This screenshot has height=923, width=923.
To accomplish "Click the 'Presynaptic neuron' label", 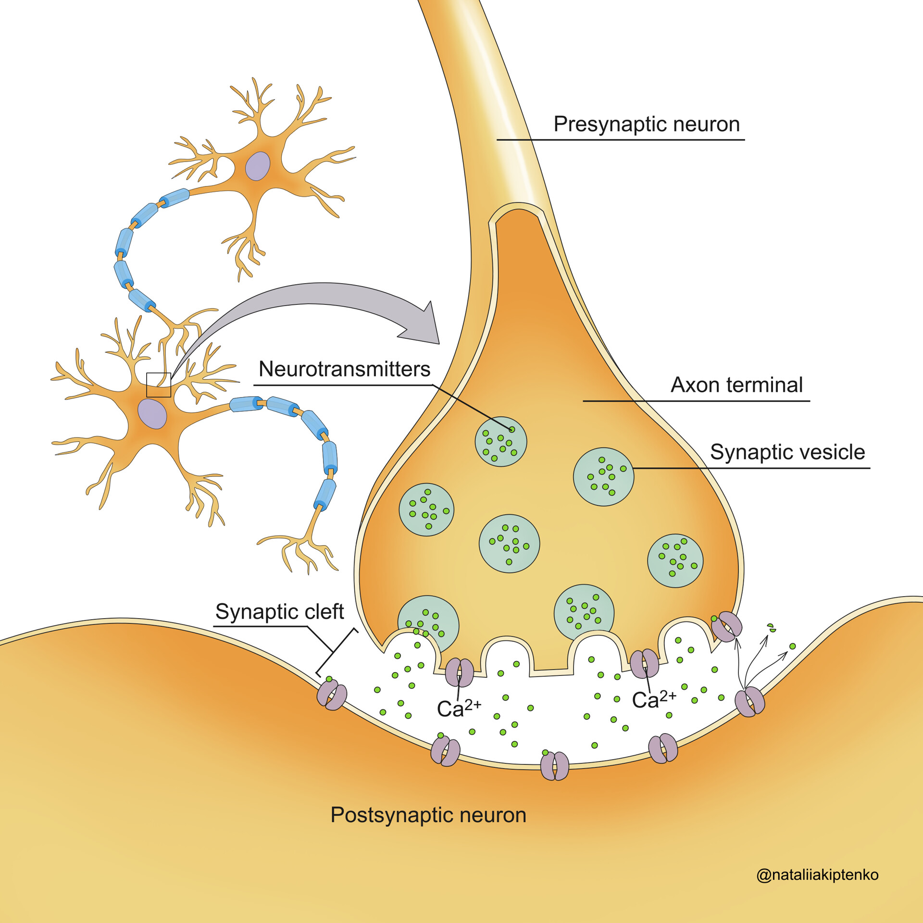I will pyautogui.click(x=646, y=124).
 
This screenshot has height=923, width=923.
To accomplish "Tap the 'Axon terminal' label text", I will pyautogui.click(x=736, y=385).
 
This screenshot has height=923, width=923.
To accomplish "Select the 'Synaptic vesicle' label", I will pyautogui.click(x=787, y=452).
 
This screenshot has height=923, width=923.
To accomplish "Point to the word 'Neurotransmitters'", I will pyautogui.click(x=344, y=369).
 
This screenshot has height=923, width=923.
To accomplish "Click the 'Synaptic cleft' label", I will pyautogui.click(x=279, y=611).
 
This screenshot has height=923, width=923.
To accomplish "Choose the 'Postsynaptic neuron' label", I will pyautogui.click(x=428, y=815).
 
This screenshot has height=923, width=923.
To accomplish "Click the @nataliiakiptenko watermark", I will pyautogui.click(x=817, y=874).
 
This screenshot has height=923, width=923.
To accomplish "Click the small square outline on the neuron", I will pyautogui.click(x=159, y=385).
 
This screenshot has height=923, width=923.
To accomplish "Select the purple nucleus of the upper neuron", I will pyautogui.click(x=258, y=166).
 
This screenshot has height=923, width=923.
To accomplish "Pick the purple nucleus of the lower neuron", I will pyautogui.click(x=152, y=413).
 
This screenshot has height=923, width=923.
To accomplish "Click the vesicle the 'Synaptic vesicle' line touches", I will pyautogui.click(x=603, y=476).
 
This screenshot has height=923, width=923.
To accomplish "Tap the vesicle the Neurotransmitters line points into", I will pyautogui.click(x=501, y=441).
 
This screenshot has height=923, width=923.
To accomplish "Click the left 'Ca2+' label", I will pyautogui.click(x=458, y=708).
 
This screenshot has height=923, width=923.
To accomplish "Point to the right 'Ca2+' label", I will pyautogui.click(x=653, y=700).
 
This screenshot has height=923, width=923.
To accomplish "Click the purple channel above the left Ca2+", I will pyautogui.click(x=460, y=672).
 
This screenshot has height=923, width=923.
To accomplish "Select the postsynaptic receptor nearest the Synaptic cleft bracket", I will pyautogui.click(x=332, y=695).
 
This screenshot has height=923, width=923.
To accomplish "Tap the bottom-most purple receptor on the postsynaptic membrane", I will pyautogui.click(x=555, y=766).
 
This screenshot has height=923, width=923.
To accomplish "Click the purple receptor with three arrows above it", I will pyautogui.click(x=750, y=702).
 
